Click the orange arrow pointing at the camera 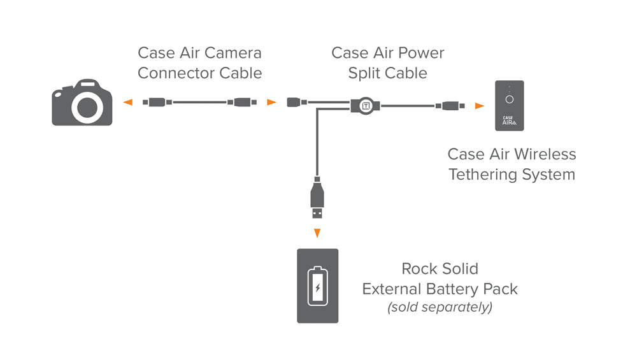128,102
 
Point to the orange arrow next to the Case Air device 479,106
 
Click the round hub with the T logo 366,105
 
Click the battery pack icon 317,285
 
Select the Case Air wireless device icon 510,106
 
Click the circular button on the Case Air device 509,99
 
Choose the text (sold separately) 440,307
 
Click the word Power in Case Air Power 422,53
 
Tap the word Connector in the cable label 176,73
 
